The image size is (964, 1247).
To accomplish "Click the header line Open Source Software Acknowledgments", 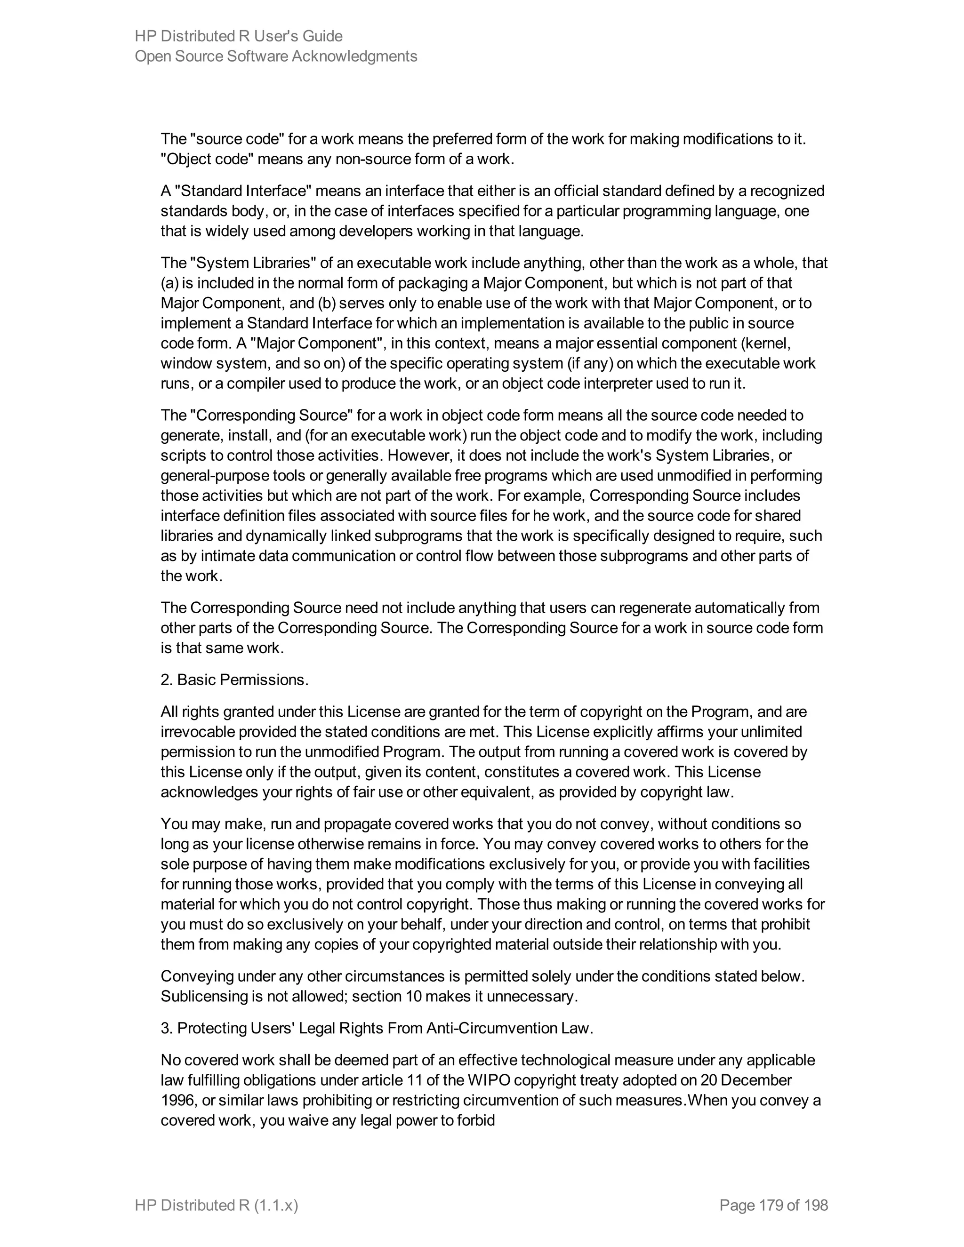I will point(275,56).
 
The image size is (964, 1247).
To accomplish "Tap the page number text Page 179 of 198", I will point(773,1205).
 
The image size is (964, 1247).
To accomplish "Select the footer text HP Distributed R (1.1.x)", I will point(217,1205).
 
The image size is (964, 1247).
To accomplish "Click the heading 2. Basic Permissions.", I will point(234,679).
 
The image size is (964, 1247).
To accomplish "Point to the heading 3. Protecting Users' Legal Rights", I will point(377,1028).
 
